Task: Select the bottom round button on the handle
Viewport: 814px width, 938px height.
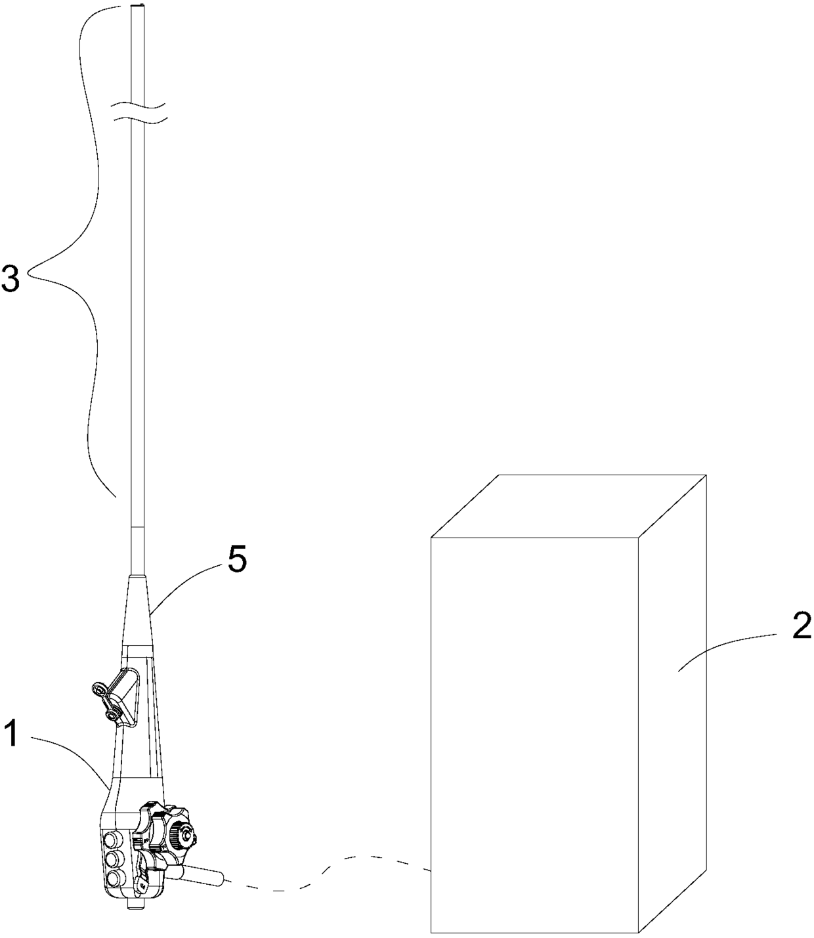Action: pos(117,878)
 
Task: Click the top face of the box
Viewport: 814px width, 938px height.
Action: pos(568,505)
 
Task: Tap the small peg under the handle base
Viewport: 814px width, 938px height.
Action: pos(133,905)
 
